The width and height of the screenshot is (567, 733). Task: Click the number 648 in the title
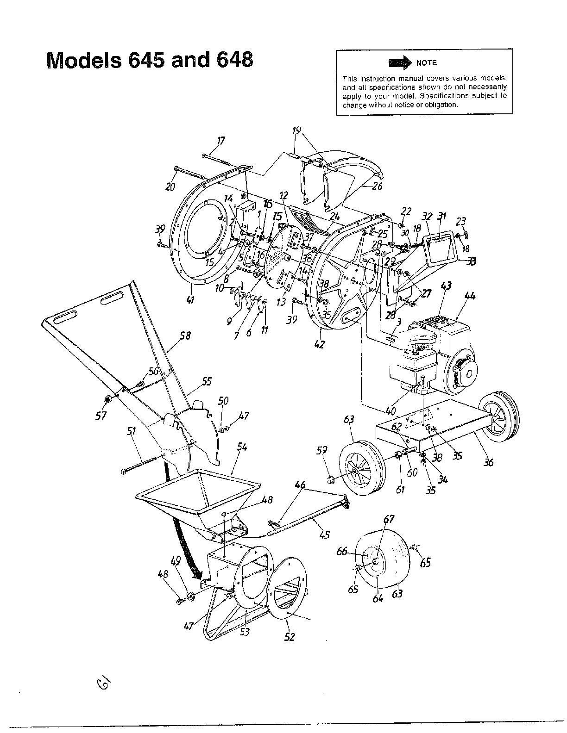click(234, 60)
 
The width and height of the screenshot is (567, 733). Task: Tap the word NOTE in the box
click(426, 63)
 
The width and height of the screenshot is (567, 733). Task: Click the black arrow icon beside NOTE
click(401, 62)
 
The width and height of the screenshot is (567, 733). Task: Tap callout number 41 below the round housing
click(189, 300)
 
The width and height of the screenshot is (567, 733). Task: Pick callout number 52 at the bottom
click(289, 637)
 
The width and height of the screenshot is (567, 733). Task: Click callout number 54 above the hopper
click(242, 447)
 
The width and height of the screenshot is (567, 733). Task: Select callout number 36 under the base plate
click(489, 461)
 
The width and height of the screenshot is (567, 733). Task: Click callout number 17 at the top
click(221, 141)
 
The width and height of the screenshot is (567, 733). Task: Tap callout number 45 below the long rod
click(324, 534)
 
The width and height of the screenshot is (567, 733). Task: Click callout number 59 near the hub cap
click(322, 450)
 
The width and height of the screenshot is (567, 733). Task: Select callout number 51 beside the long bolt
click(131, 432)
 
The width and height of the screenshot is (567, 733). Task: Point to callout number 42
click(319, 344)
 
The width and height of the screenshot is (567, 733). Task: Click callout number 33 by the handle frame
click(472, 261)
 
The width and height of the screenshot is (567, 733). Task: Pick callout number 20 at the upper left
click(170, 186)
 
